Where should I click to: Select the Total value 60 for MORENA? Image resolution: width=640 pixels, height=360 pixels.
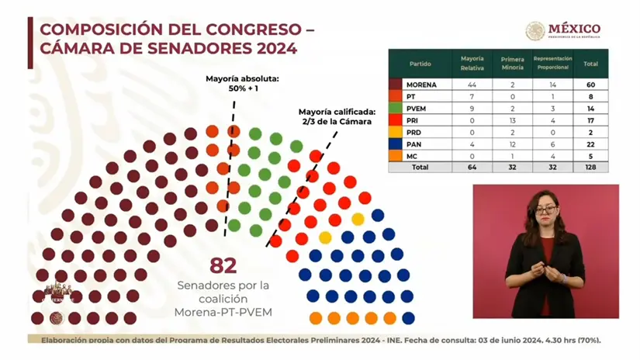click(591, 84)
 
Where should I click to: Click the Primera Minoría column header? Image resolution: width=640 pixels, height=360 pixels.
click(512, 64)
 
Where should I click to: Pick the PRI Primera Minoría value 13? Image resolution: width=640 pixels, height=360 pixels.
click(512, 120)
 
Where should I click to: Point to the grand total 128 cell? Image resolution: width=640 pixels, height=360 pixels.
click(591, 167)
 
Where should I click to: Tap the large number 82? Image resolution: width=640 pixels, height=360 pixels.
click(223, 266)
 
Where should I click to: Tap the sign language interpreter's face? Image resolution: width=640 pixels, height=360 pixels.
click(545, 207)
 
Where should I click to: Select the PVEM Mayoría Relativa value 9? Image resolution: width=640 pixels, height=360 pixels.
click(472, 108)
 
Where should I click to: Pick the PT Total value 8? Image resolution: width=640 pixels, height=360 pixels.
click(591, 96)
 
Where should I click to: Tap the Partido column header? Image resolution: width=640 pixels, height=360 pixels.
click(421, 64)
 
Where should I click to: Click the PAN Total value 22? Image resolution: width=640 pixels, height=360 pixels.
click(591, 144)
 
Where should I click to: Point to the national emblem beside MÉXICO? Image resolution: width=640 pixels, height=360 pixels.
click(535, 31)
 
